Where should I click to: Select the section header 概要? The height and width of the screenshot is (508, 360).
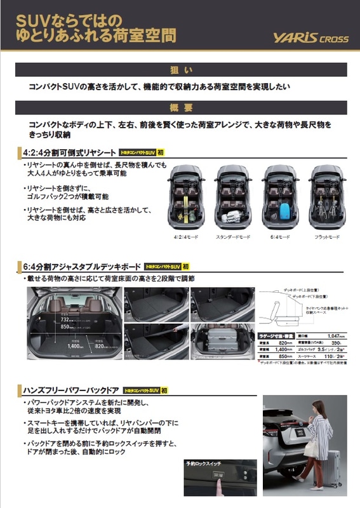pyautogui.click(x=180, y=106)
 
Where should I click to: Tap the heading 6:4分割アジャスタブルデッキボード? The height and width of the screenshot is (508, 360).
pyautogui.click(x=78, y=267)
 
